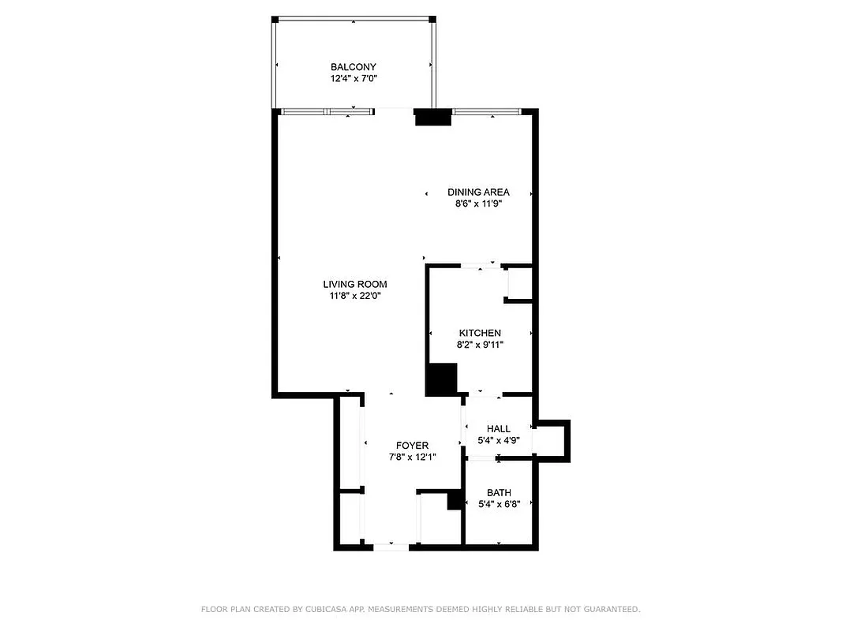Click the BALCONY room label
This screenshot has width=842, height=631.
tap(353, 67)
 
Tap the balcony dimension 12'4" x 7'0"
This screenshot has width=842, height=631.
tap(353, 79)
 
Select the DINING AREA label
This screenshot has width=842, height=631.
tap(478, 192)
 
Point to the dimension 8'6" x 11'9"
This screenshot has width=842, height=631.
tap(478, 203)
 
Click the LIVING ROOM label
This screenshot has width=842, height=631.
tap(354, 284)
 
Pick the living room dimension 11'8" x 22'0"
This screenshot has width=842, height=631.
tap(354, 296)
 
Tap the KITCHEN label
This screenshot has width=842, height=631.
tap(480, 333)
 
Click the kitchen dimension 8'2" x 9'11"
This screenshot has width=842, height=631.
tap(480, 345)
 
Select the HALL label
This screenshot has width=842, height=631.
tap(498, 428)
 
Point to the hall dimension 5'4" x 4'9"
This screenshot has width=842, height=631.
tap(498, 440)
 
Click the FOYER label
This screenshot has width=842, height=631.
tap(412, 446)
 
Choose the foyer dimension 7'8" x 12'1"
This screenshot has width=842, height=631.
tap(412, 457)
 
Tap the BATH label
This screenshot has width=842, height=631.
tap(499, 493)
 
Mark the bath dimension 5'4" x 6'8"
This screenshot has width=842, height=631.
tap(499, 505)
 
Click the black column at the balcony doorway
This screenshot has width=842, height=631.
tap(432, 118)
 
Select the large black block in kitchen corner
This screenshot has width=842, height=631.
tap(441, 379)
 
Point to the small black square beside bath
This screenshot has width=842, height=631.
tap(454, 500)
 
